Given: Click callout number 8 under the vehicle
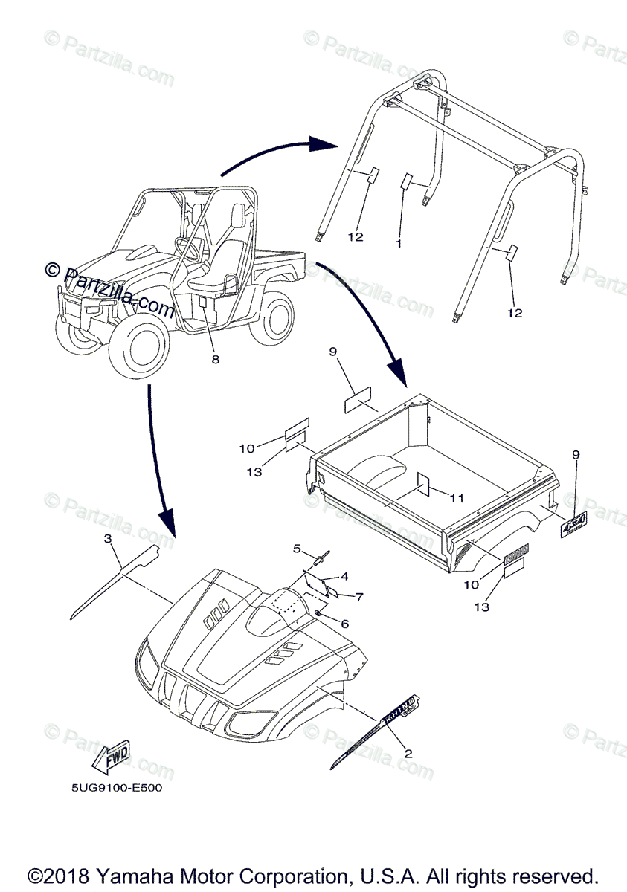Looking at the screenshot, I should pyautogui.click(x=215, y=359).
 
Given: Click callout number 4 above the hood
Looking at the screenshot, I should pyautogui.click(x=324, y=576).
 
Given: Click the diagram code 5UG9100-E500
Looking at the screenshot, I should pyautogui.click(x=113, y=788).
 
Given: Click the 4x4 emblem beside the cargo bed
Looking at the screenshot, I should pyautogui.click(x=573, y=524).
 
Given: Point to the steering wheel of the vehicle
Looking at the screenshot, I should pyautogui.click(x=186, y=248).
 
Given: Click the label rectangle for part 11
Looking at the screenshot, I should pyautogui.click(x=422, y=483).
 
